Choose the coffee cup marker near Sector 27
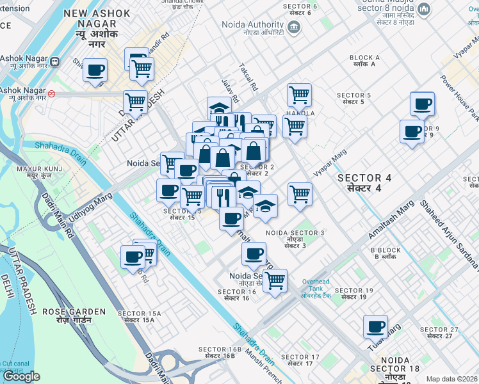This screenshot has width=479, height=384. [375, 326]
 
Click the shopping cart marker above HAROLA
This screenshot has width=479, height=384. [299, 95]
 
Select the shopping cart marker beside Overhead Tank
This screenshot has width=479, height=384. [275, 280]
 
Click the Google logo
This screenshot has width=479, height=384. [21, 376]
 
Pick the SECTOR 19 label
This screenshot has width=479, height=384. [353, 294]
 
